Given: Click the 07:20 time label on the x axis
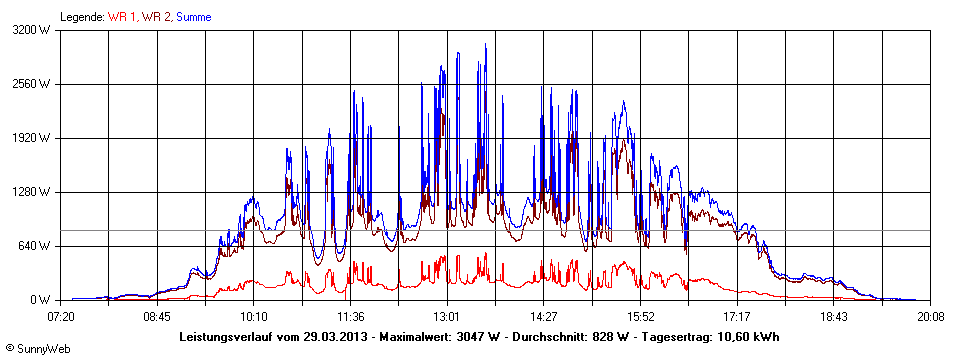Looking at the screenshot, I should [61, 317].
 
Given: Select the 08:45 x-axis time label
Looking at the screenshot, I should [157, 317].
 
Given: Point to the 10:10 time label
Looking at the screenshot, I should [254, 317].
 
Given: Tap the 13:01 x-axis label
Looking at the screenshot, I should [447, 317].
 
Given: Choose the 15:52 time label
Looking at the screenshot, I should [640, 317].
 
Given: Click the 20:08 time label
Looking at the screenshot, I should [931, 317].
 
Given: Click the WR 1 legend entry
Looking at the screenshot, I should [122, 17].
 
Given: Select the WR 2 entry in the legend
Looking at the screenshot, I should [157, 17].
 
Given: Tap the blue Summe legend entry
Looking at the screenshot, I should [194, 17].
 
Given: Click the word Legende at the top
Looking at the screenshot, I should [82, 17].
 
